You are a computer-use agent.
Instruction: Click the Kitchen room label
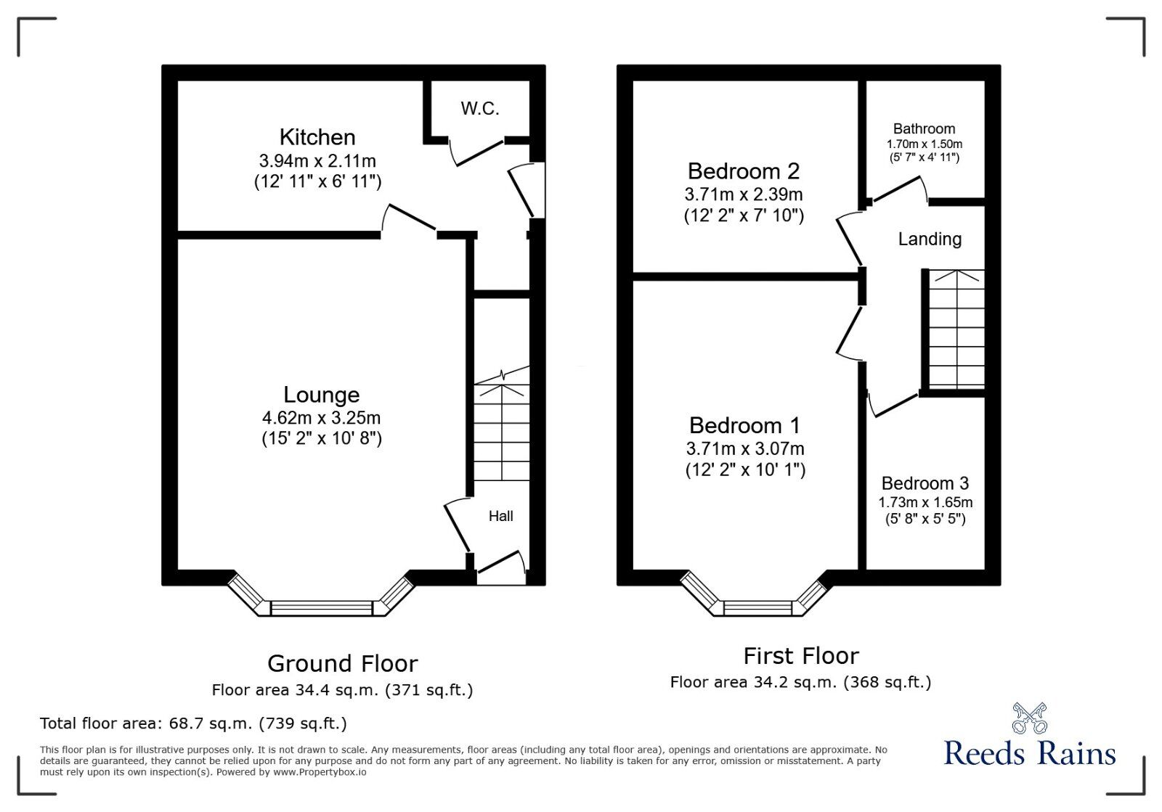(317, 137)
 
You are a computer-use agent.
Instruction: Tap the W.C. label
(480, 108)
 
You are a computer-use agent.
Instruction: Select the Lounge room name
(321, 395)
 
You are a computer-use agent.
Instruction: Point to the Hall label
(500, 516)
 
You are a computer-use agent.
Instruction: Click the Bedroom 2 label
(744, 171)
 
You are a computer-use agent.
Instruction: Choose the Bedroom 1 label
(744, 425)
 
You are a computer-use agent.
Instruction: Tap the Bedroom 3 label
(925, 483)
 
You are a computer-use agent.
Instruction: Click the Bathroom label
(924, 128)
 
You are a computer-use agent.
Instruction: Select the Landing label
(930, 239)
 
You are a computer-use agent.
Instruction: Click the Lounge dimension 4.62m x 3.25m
(321, 418)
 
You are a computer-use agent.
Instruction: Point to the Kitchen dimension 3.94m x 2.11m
(317, 160)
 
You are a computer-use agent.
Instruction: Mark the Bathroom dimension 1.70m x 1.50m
(924, 144)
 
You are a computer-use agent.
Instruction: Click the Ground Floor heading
(342, 664)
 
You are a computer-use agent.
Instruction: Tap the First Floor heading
(801, 656)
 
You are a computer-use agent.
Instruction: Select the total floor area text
(193, 723)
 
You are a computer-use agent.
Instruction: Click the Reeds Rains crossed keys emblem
(1030, 718)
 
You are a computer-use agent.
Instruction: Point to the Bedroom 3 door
(893, 405)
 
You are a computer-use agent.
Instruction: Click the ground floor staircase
(502, 424)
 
